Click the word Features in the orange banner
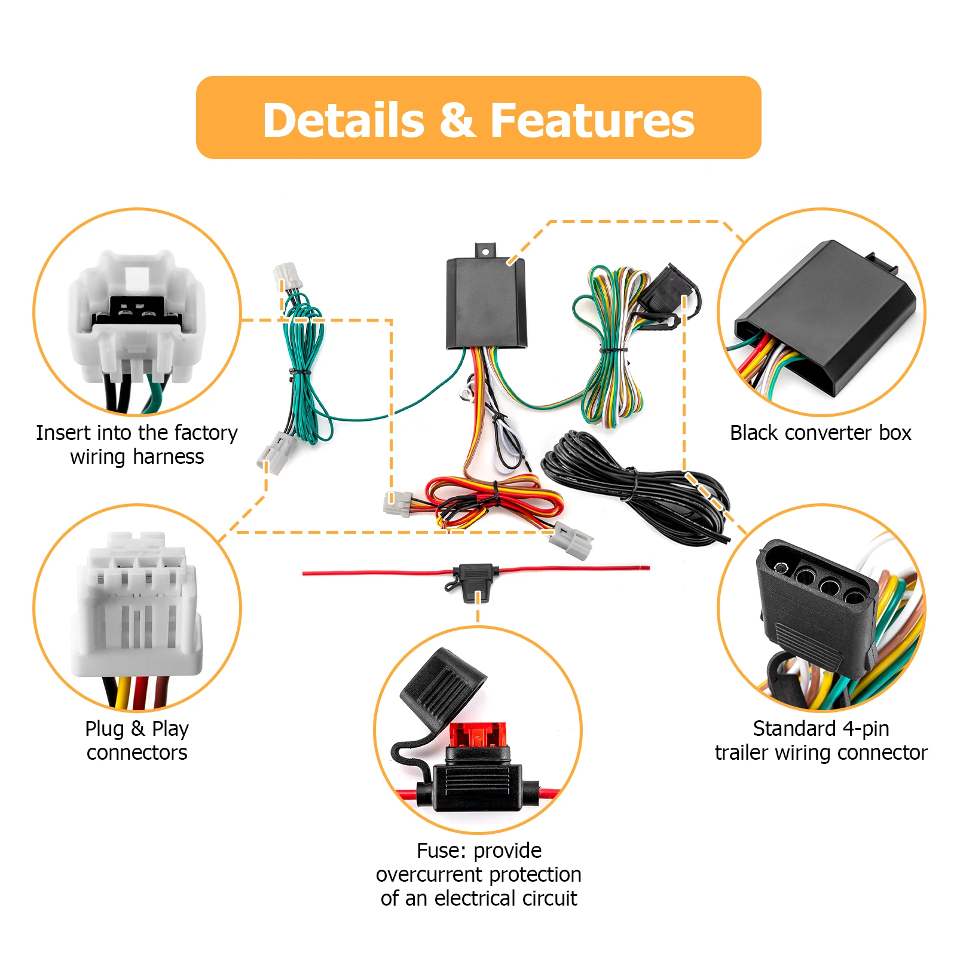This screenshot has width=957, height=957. click(592, 120)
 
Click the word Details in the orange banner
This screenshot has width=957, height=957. click(344, 120)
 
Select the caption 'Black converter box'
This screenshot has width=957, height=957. click(820, 433)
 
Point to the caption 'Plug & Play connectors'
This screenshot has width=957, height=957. click(137, 740)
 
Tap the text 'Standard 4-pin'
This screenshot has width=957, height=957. click(821, 728)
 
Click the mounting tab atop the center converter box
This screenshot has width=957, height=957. click(485, 250)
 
